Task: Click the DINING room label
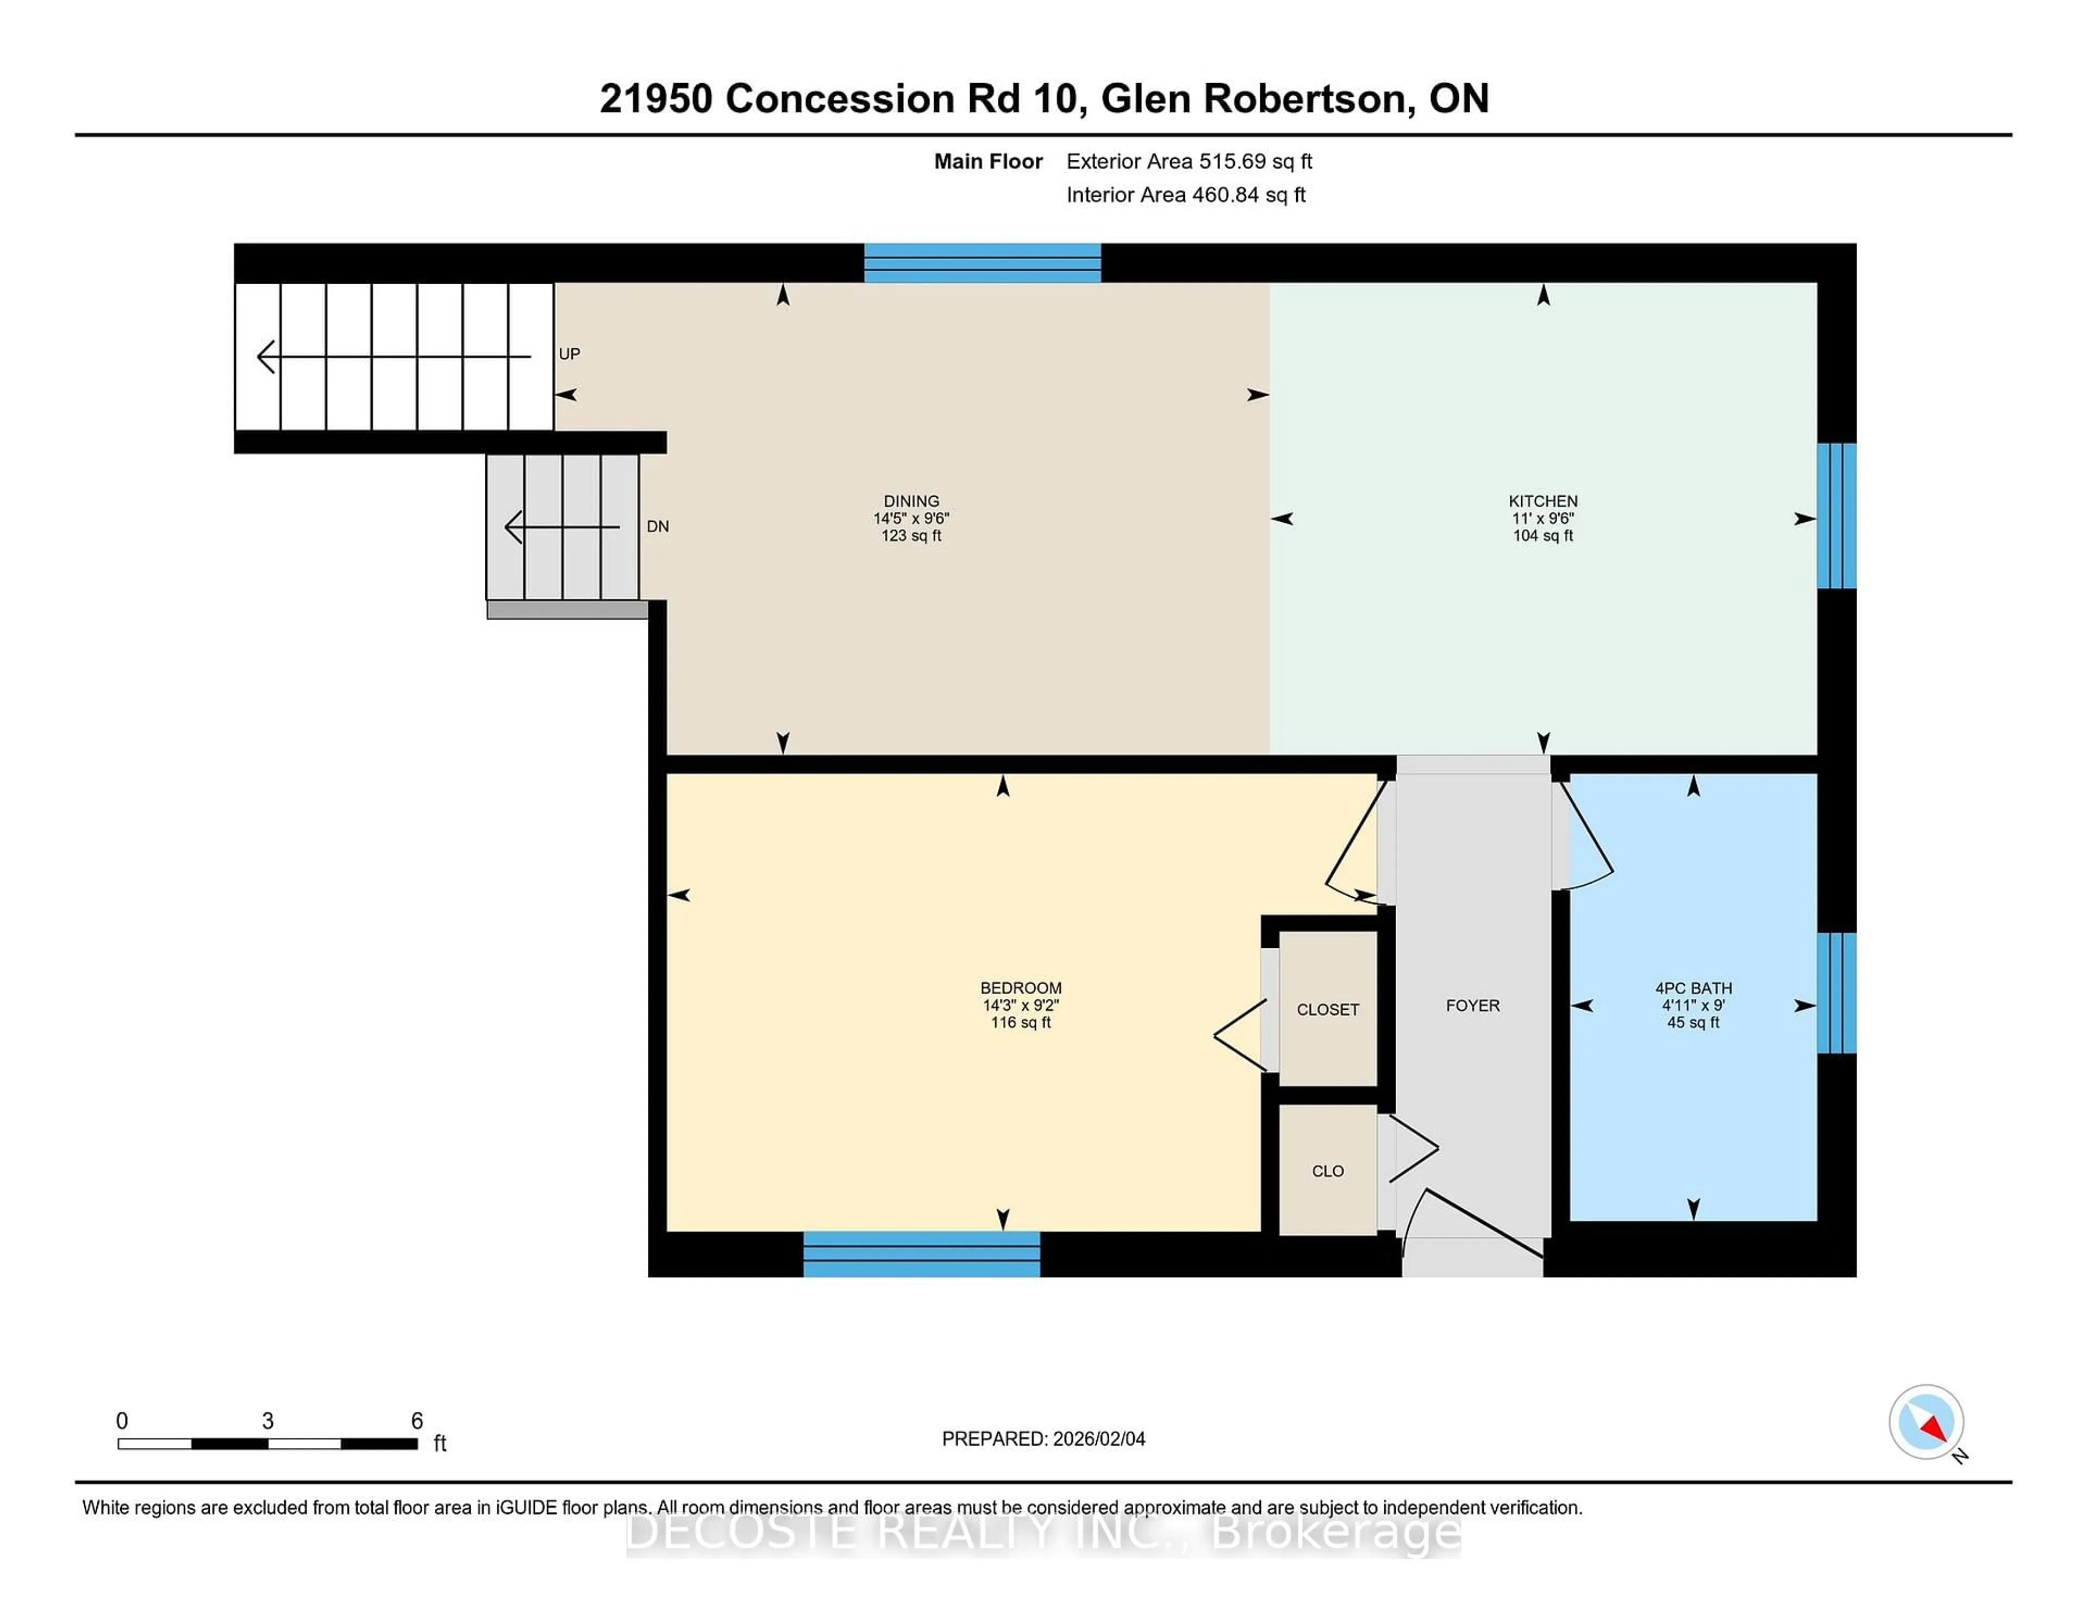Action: (911, 501)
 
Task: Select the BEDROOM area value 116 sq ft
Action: (1021, 1022)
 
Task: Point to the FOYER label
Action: (1472, 1005)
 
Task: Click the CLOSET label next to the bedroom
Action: (1327, 1009)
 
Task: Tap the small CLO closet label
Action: (1327, 1171)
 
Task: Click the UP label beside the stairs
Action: (570, 354)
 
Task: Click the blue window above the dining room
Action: (982, 263)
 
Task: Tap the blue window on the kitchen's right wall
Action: (1836, 516)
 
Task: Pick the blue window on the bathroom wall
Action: (1836, 993)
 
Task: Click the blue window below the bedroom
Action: (921, 1254)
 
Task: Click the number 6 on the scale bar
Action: (417, 1421)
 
